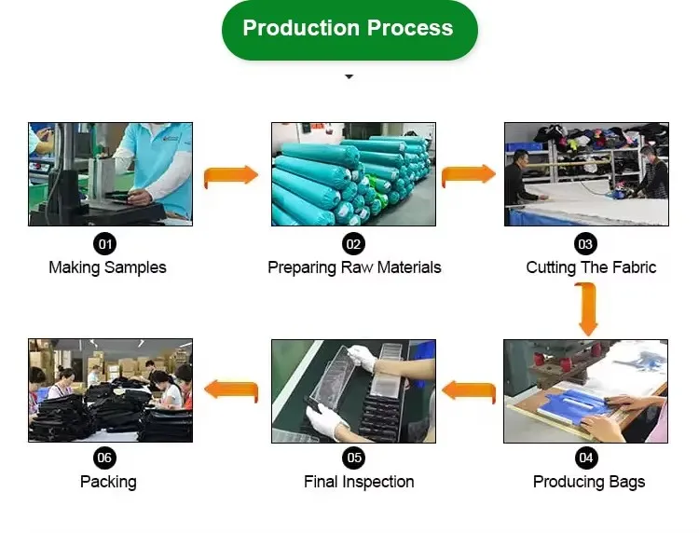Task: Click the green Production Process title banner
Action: click(349, 29)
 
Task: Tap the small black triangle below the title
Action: click(349, 76)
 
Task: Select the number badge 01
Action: click(105, 244)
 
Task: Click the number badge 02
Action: click(353, 244)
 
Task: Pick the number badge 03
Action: click(585, 244)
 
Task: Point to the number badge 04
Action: click(586, 458)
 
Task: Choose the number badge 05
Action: click(353, 458)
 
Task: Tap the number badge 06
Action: click(104, 458)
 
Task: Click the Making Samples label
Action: click(107, 267)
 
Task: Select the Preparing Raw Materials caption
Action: click(354, 267)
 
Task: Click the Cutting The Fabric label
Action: click(591, 267)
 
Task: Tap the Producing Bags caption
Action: click(589, 482)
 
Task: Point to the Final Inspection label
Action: click(359, 482)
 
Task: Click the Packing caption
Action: click(108, 482)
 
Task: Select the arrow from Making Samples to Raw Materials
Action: click(230, 175)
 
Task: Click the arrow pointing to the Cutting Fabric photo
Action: click(468, 175)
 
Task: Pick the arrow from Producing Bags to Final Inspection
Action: click(468, 390)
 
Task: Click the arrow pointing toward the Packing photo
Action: click(230, 390)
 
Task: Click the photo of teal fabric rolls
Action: click(353, 174)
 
